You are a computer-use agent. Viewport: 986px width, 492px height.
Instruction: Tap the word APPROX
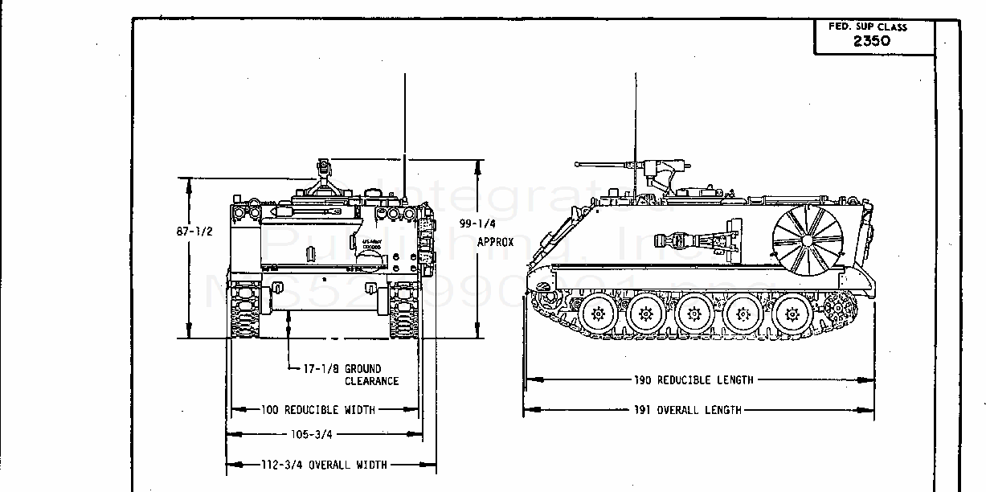pos(495,241)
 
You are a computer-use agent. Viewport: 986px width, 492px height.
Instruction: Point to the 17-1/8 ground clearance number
pos(320,369)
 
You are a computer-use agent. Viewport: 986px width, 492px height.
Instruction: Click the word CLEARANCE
pos(372,381)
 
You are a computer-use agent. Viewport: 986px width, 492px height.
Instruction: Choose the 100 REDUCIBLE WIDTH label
pos(318,410)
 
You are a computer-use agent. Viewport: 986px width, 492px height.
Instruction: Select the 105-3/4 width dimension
pos(312,434)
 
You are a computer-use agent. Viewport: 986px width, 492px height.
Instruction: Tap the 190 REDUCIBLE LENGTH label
pos(693,379)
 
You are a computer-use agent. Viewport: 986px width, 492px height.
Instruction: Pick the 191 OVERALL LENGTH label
pos(687,410)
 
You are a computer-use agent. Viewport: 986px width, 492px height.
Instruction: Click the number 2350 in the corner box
pos(871,41)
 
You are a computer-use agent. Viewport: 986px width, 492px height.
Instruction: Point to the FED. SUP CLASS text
pos(868,27)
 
